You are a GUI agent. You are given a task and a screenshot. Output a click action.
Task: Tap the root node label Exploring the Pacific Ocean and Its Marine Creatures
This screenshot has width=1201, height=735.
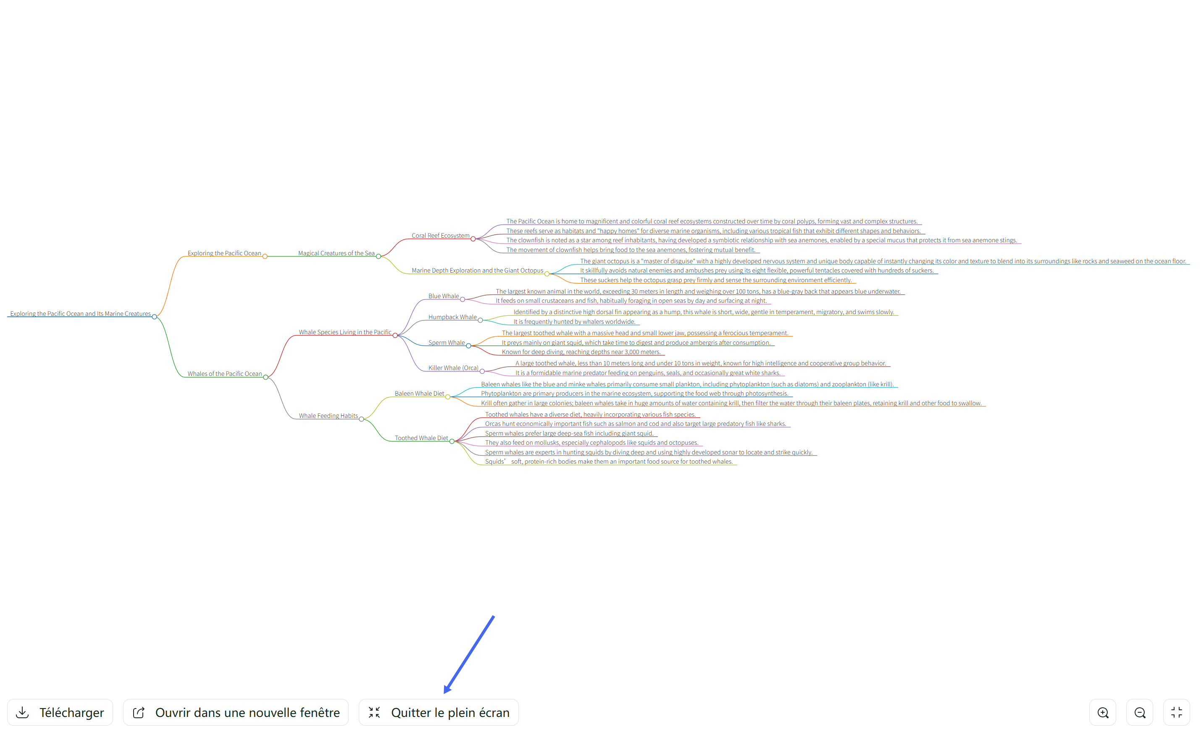pos(80,313)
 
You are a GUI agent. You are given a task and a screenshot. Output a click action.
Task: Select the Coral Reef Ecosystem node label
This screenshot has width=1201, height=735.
pos(441,236)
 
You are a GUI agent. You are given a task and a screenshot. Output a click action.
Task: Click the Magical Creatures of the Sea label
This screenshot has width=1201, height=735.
pos(336,253)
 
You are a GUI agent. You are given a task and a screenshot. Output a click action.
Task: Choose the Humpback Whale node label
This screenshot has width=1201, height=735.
pos(452,317)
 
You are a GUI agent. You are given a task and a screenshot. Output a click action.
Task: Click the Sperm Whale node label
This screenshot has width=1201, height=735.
pos(447,343)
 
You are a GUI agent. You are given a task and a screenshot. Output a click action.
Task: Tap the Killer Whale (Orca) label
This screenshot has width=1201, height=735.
pos(453,368)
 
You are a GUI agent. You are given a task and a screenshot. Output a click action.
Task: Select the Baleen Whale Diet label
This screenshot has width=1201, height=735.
pos(419,394)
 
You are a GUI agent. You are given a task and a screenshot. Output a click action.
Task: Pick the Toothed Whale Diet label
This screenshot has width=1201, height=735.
pos(421,438)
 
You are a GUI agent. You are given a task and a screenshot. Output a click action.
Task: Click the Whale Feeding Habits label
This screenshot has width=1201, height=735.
pos(328,416)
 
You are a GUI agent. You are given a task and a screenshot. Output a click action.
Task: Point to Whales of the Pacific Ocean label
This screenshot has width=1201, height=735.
pos(225,374)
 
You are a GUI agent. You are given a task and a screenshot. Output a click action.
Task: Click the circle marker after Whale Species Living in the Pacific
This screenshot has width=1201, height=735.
pos(395,335)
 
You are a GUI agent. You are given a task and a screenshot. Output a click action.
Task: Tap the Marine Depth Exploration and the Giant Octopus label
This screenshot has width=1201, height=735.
pos(477,270)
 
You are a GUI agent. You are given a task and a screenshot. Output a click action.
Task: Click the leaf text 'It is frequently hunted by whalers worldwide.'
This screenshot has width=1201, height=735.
pos(574,322)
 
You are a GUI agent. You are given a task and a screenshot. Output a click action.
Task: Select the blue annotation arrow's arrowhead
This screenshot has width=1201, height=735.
pos(447,688)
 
